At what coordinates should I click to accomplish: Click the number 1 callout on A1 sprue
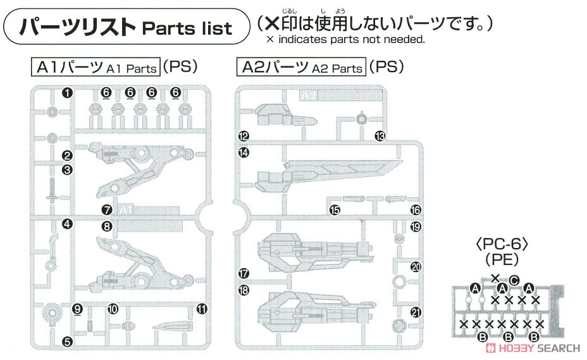(67, 93)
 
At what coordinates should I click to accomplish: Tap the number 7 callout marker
(107, 210)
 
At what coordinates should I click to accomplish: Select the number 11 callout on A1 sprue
(202, 309)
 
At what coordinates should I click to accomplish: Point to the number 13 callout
(380, 136)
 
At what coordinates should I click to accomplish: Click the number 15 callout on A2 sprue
(335, 210)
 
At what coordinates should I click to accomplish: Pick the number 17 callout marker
(244, 273)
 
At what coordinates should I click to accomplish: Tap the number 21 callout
(416, 312)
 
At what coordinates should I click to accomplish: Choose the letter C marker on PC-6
(514, 280)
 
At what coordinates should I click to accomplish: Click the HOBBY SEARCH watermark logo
(533, 348)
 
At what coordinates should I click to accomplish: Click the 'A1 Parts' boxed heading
(96, 67)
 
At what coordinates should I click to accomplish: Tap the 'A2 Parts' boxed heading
(301, 67)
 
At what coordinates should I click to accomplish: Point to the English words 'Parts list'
(188, 29)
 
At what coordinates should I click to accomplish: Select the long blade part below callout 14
(329, 175)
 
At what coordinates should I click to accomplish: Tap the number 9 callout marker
(77, 309)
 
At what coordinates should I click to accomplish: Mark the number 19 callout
(416, 227)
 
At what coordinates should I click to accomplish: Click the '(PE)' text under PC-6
(502, 260)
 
